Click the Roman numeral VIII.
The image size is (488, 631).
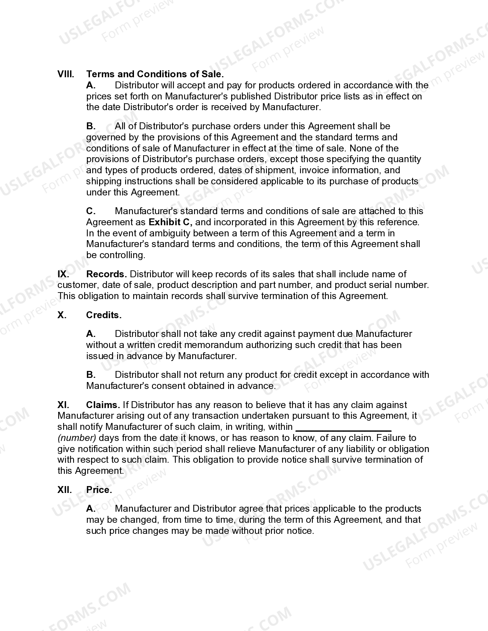click(x=65, y=74)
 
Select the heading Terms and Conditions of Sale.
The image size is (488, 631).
click(x=155, y=74)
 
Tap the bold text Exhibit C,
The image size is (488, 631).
click(x=170, y=222)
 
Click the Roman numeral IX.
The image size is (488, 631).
click(x=63, y=274)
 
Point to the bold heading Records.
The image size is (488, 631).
click(x=107, y=274)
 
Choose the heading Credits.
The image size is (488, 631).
click(x=104, y=315)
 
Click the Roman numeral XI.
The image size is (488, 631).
click(x=63, y=405)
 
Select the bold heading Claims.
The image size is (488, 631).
click(x=103, y=405)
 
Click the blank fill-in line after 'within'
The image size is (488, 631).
click(x=343, y=428)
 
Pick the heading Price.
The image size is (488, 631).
click(x=99, y=490)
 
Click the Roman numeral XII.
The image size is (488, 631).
click(x=65, y=490)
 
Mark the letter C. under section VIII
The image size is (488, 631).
click(x=91, y=211)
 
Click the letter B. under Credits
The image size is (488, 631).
click(x=91, y=375)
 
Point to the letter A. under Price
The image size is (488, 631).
click(x=91, y=509)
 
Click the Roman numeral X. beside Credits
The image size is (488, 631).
click(x=62, y=315)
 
